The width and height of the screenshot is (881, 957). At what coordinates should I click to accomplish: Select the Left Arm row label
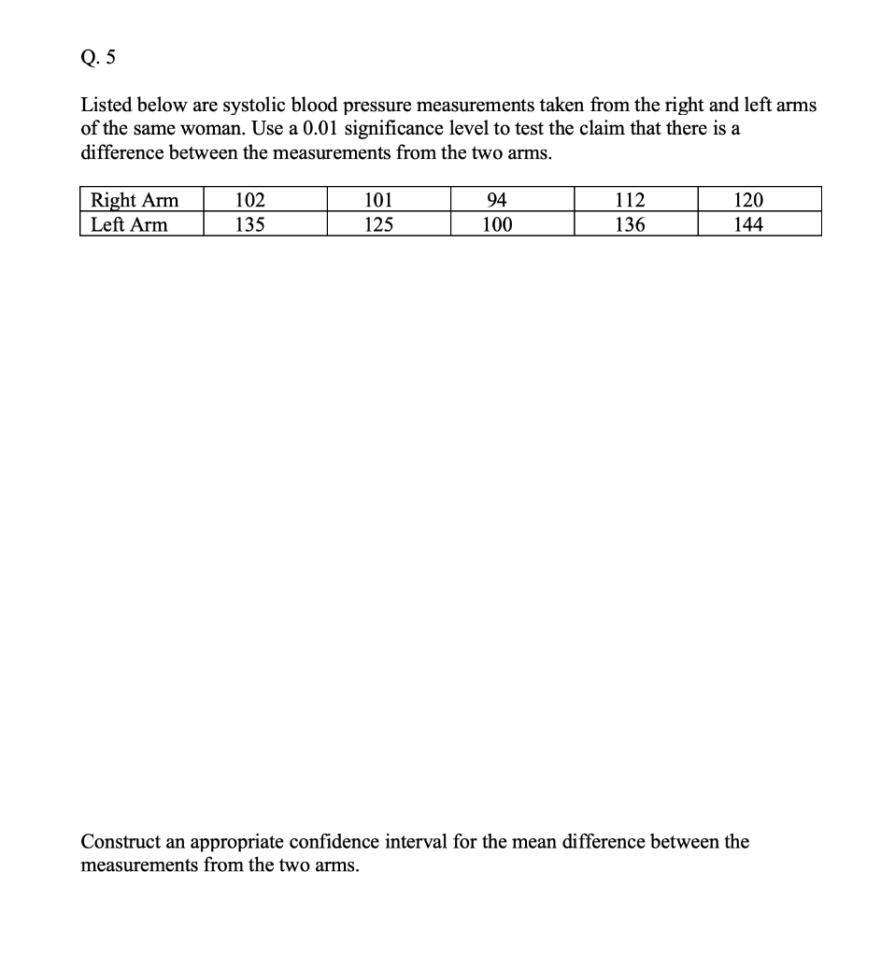128,224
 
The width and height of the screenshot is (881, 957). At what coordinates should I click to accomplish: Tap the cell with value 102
249,200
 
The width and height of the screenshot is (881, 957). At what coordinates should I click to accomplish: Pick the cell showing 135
249,224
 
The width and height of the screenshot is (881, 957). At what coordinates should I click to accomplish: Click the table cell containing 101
377,200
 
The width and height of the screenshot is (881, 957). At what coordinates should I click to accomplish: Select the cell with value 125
377,224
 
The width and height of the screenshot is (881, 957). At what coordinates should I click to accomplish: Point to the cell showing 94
497,200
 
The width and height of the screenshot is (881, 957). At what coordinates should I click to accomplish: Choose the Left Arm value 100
497,224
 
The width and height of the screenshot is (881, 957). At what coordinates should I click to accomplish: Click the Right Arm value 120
748,200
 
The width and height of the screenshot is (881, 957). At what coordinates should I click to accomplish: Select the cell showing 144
748,224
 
